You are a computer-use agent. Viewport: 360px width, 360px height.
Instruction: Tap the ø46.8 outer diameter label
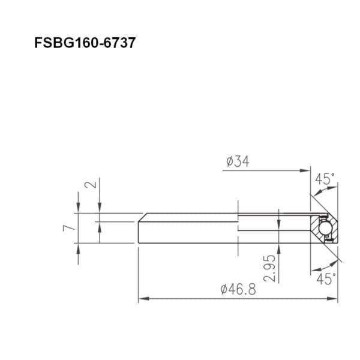coord(238,290)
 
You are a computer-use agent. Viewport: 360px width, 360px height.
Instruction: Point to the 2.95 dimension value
coord(269,268)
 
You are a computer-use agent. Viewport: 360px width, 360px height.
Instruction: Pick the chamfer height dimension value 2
coord(90,184)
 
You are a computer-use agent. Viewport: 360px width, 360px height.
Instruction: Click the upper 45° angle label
coord(325,179)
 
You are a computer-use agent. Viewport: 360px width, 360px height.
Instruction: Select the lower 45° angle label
coord(326,279)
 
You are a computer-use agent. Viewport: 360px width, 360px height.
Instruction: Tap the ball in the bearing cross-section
coord(324,228)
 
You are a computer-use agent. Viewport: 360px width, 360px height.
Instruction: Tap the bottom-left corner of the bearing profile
coord(139,243)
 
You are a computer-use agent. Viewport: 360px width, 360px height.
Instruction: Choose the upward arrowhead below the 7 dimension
coord(79,248)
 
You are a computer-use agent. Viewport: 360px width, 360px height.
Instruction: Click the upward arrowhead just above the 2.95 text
coord(278,247)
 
